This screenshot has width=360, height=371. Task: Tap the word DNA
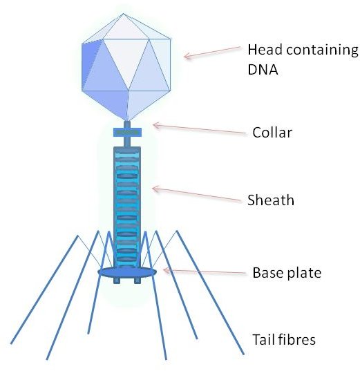point(263,69)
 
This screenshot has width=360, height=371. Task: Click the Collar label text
point(272,132)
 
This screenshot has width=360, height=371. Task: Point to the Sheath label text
point(271,200)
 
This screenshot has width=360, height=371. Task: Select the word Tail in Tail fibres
point(263,339)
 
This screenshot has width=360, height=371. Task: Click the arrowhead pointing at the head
point(187,56)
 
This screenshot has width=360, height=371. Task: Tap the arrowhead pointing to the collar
point(157,126)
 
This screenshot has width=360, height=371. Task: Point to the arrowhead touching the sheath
point(156,189)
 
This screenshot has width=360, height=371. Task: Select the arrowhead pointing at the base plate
point(167,270)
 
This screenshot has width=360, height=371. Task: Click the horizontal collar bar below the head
point(127,132)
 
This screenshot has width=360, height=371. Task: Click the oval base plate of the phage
point(127,272)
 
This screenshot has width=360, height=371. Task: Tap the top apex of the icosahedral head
point(123,14)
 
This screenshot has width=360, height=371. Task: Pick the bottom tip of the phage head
point(127,121)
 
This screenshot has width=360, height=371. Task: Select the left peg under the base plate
point(117,280)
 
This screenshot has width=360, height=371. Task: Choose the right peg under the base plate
point(138,280)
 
